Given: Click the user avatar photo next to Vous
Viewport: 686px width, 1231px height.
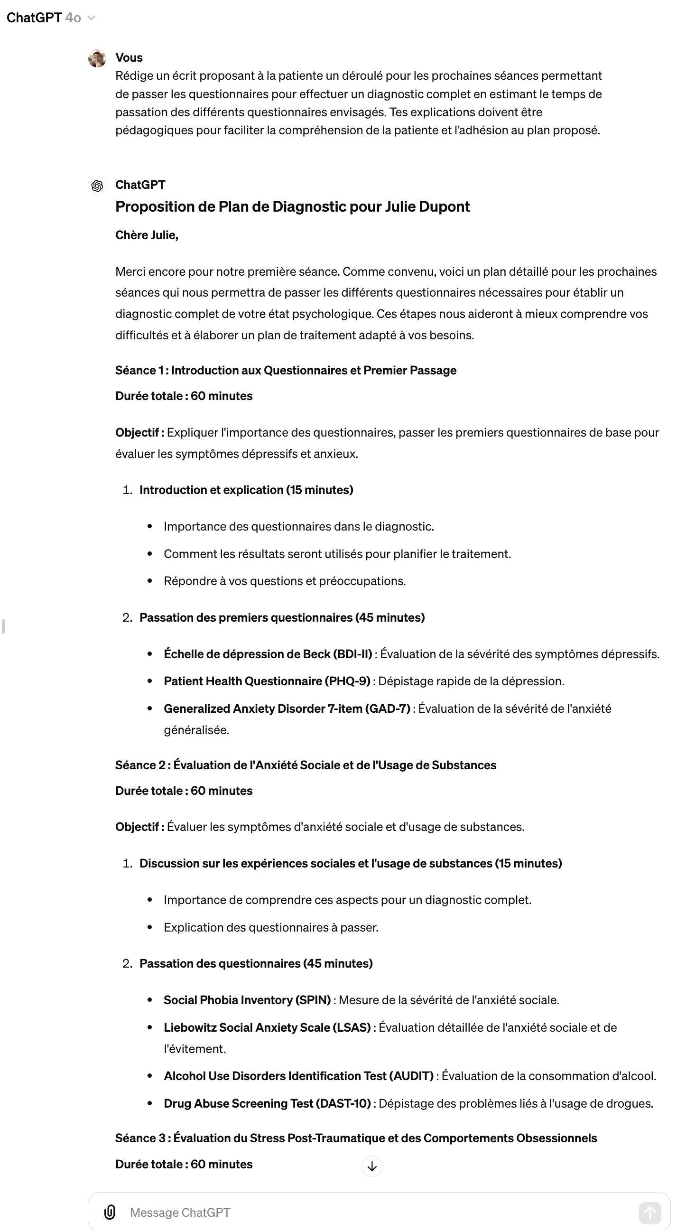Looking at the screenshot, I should pyautogui.click(x=97, y=58).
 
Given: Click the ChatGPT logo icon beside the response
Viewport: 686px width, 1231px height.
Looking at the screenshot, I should pyautogui.click(x=97, y=186).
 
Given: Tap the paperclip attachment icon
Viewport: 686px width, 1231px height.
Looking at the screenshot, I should pyautogui.click(x=110, y=1212).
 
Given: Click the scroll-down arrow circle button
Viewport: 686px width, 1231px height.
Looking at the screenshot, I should pyautogui.click(x=371, y=1166).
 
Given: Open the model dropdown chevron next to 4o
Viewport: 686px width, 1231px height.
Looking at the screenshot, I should pyautogui.click(x=92, y=18).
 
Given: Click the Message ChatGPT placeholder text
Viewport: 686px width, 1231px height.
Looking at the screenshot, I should pyautogui.click(x=180, y=1212).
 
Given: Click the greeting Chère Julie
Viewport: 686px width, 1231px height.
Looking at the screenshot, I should pyautogui.click(x=147, y=235).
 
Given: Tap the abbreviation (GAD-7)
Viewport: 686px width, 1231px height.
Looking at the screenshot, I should pyautogui.click(x=388, y=708).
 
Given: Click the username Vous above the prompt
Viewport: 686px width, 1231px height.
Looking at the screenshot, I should pyautogui.click(x=129, y=58).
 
